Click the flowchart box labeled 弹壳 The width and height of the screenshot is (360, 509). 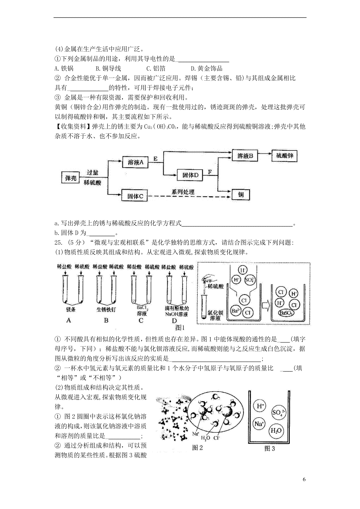tap(71, 178)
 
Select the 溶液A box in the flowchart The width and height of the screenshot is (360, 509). tap(136, 162)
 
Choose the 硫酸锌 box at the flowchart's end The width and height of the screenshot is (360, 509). tap(284, 156)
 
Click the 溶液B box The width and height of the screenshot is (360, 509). tap(245, 156)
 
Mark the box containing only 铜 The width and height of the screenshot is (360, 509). tap(241, 195)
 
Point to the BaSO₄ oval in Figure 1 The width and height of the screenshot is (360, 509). tap(286, 313)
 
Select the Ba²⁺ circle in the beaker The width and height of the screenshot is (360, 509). tap(236, 311)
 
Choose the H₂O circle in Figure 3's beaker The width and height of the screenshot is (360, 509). tap(276, 431)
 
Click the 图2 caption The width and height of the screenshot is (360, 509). tap(197, 448)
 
